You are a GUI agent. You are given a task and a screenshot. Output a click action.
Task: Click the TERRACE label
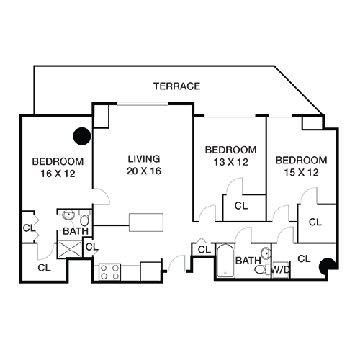pos(176,86)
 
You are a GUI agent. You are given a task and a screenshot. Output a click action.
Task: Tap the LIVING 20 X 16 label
pos(144,165)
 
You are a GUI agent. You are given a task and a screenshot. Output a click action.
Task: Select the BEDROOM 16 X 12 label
pos(58,167)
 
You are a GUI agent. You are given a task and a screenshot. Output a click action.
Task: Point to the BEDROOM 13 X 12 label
pos(230,156)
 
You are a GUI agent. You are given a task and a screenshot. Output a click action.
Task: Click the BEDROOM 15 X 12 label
pos(301,166)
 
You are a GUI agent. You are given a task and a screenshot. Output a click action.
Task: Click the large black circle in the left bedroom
pos(82,136)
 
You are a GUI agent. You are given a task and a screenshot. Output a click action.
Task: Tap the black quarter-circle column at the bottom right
pos(326,266)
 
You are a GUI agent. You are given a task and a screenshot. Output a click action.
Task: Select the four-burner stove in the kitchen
pos(109,272)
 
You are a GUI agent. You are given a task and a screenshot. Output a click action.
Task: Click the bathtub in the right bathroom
pos(225,261)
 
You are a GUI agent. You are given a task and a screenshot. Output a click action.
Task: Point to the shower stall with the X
pos(70,249)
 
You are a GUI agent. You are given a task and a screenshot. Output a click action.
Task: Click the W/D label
pos(280,269)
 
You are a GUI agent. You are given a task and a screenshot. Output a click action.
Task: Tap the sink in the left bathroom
pos(68,215)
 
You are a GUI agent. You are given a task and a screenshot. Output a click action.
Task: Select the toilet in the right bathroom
pos(262,269)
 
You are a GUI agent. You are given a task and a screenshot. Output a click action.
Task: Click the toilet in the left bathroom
pos(84,218)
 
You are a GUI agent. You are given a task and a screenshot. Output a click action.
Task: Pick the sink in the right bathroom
pos(266,253)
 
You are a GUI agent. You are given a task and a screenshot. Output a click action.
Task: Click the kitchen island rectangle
pos(146,222)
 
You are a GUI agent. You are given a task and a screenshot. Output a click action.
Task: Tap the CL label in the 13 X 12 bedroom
pos(241,206)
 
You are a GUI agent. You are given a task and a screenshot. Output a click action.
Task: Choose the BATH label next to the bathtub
pos(248,261)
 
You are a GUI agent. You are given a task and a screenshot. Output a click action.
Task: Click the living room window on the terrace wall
pos(143,104)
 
